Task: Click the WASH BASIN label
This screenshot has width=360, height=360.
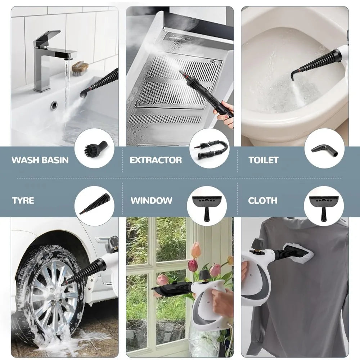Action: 40,160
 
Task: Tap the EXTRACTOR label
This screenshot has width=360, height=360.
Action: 156,160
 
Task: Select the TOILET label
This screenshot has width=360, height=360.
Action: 264,160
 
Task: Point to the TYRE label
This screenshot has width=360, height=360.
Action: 23,201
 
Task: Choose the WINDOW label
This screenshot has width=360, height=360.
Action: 152,201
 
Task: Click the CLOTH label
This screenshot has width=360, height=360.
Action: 263,201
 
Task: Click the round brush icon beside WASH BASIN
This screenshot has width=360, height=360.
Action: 95,148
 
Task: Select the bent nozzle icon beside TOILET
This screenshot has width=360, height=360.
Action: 324,148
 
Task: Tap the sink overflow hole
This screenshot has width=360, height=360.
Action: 54,105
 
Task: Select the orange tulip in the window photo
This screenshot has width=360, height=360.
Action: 195,250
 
